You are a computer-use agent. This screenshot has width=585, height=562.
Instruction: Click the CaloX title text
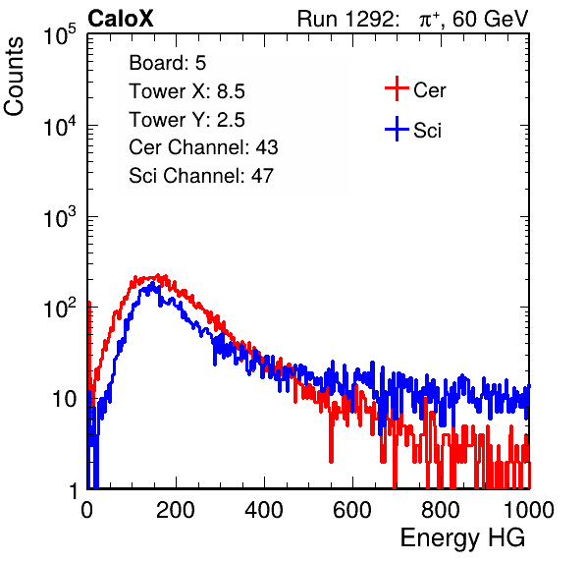(x=121, y=19)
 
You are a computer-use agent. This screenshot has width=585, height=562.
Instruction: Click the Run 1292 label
(x=346, y=19)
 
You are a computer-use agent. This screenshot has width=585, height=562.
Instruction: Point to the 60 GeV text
(x=491, y=19)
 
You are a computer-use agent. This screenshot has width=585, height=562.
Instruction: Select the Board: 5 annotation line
(x=168, y=63)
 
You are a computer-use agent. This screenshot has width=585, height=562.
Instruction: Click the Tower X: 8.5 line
(x=186, y=91)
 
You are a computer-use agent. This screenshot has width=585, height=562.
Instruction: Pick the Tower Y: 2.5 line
(x=186, y=120)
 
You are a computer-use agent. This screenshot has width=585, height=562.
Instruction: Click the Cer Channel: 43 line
(x=203, y=147)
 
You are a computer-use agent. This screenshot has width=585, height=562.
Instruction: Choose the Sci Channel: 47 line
(x=201, y=175)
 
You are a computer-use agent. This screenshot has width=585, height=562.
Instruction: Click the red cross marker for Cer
(x=397, y=88)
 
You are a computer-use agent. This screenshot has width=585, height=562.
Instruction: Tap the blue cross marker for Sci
(x=397, y=129)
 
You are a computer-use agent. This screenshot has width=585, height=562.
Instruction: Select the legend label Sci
(x=428, y=131)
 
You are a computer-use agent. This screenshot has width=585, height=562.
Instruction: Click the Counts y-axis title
(x=14, y=77)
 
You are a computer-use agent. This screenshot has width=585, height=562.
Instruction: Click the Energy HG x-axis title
(x=462, y=537)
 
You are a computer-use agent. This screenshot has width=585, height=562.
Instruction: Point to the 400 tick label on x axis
(x=264, y=510)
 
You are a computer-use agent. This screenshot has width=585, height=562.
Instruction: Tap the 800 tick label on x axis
(x=441, y=510)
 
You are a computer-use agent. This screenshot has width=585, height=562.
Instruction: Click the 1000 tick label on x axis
(x=529, y=510)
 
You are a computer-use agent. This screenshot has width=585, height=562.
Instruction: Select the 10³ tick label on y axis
(x=60, y=217)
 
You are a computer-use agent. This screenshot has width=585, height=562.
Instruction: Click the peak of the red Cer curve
(x=158, y=275)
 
